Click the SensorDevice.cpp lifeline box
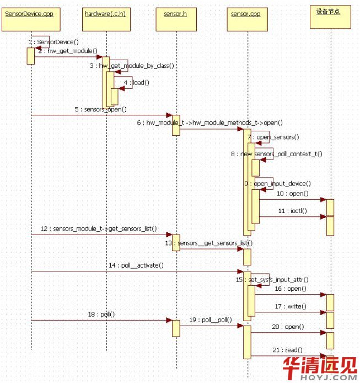coord(29,13)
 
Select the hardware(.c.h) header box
coord(105,13)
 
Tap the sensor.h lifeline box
coord(175,13)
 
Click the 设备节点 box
coord(329,12)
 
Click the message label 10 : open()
coord(292,194)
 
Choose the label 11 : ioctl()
coord(292,211)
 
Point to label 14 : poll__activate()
coord(136,265)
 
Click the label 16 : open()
coord(290,288)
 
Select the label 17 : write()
coord(290,306)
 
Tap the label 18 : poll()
coord(100,314)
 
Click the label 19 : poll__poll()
coord(210,320)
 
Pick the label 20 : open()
coord(288,327)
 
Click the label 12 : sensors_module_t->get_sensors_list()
coord(98,228)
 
